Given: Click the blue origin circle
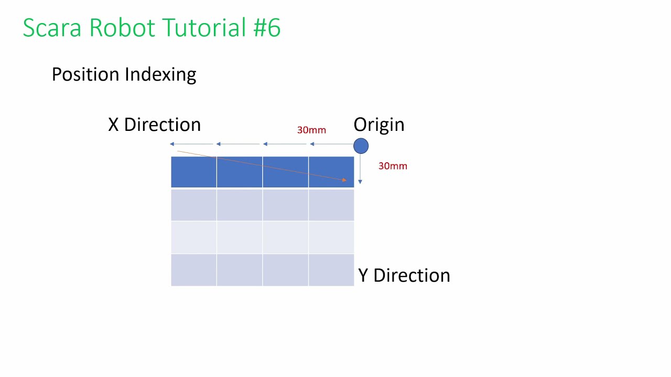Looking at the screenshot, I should tap(361, 146).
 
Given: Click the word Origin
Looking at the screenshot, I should tap(378, 125).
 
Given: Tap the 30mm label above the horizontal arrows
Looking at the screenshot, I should tap(311, 130).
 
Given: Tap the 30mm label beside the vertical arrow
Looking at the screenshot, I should tap(393, 166).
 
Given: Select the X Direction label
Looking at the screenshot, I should tap(154, 125).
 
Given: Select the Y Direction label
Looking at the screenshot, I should tap(404, 275).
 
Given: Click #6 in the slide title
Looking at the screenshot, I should tap(267, 28).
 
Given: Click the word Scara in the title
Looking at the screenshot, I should tap(52, 28).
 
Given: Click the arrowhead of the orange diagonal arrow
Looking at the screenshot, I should tap(344, 180).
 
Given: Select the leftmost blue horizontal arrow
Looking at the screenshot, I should tap(192, 144).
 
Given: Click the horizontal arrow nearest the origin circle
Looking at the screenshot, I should tap(331, 144).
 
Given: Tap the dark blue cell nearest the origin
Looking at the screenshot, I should tap(331, 172).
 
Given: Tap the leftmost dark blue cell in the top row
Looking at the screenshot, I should tap(193, 172).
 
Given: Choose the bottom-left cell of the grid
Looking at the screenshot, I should tap(193, 270).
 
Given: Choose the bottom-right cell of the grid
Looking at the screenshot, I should tap(331, 270).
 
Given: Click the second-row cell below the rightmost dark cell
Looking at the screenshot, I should tap(331, 205).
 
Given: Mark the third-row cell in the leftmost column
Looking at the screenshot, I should tap(193, 237).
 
